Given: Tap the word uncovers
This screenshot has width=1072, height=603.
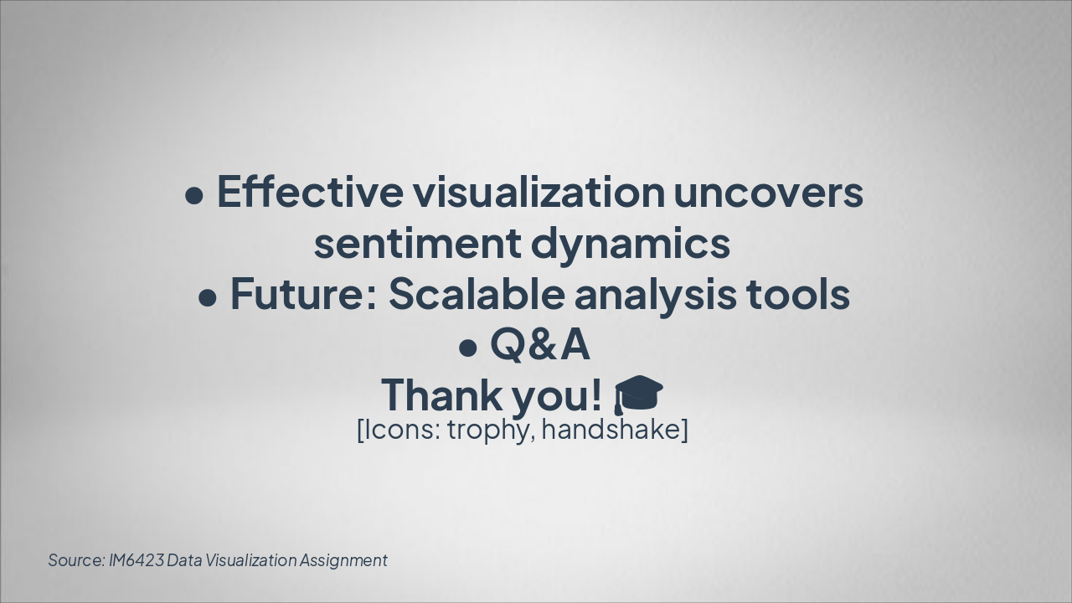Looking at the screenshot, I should point(768,192).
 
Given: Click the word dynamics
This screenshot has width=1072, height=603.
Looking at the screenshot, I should point(631,245).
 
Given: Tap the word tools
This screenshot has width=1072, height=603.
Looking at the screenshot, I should point(798,294).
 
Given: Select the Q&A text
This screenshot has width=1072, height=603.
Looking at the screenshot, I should point(539,344).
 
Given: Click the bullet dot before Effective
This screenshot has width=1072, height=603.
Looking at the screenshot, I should point(194,196).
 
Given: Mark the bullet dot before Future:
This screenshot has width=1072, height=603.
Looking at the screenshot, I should point(208,298).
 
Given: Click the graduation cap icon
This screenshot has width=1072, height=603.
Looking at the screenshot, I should point(638,394).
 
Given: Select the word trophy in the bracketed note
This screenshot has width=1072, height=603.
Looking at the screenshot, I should point(491,430).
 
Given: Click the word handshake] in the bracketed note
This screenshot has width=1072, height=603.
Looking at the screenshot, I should point(615,430).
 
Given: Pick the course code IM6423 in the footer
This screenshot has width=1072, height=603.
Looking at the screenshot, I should point(137,560).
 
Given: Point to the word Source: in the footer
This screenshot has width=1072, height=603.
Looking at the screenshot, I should point(76,560).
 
